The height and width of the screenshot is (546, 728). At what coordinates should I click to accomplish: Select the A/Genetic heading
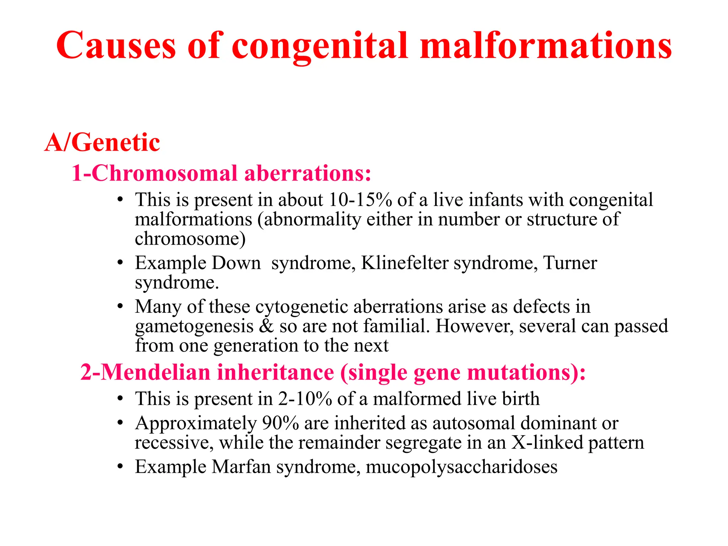[x=102, y=143]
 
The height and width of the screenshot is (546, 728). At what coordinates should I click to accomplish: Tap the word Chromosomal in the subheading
[x=164, y=173]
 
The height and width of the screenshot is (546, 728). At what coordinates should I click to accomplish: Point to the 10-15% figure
[x=360, y=200]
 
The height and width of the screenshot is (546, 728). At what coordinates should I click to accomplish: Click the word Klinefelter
[x=405, y=263]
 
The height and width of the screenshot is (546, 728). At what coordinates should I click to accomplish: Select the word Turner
[x=570, y=263]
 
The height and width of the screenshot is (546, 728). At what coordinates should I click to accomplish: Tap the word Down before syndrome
[x=236, y=263]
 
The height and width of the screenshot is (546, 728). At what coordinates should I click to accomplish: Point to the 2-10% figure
[x=305, y=399]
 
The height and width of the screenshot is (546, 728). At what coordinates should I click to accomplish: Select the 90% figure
[x=280, y=423]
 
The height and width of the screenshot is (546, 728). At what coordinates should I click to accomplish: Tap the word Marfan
[x=241, y=467]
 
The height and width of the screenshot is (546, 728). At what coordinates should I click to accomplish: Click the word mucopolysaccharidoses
[x=461, y=467]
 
